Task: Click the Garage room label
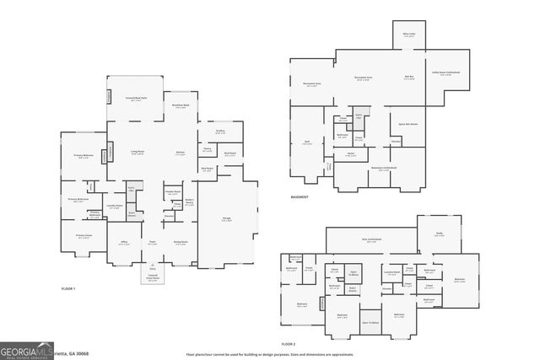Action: [x=226, y=217]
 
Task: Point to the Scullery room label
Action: [x=219, y=132]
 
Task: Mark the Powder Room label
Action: [x=173, y=191]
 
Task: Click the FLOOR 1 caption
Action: [x=68, y=289]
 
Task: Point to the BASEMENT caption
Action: [x=299, y=197]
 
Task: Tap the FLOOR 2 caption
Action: [x=289, y=344]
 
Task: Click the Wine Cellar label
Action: [x=408, y=35]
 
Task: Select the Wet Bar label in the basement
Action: [x=408, y=77]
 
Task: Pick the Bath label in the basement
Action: [x=307, y=142]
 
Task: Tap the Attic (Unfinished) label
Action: [x=371, y=240]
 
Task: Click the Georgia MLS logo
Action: [x=26, y=350]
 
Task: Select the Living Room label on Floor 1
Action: [x=137, y=153]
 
